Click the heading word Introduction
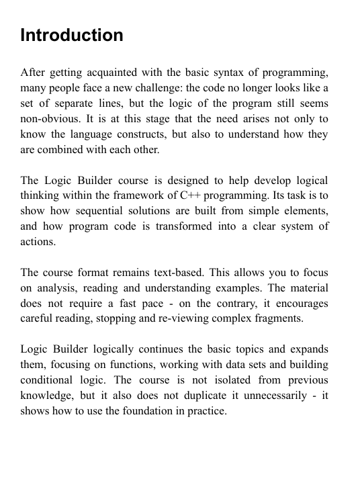pos(72,35)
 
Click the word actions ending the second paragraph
pos(38,242)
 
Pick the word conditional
pos(52,380)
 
